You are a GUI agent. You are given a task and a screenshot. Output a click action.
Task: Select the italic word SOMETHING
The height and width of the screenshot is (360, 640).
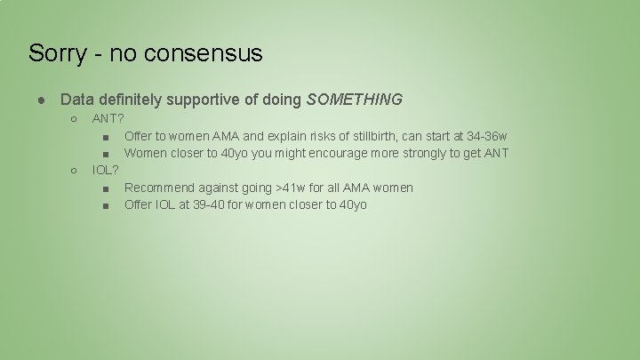click(x=354, y=100)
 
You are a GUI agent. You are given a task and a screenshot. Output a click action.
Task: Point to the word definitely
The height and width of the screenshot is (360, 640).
click(x=134, y=100)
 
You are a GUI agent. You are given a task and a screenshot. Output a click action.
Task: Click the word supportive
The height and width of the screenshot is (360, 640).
click(x=213, y=100)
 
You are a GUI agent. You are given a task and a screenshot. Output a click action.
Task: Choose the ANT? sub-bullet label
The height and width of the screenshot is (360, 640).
click(x=108, y=119)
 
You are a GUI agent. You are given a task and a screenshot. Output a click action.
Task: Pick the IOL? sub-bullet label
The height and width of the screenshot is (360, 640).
click(x=106, y=170)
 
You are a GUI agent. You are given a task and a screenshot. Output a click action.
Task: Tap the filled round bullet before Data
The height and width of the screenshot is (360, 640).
click(x=43, y=100)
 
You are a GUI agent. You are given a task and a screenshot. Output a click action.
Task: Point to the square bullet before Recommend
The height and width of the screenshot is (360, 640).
click(x=107, y=188)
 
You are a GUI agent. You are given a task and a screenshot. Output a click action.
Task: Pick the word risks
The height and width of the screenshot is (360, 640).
click(x=331, y=136)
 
